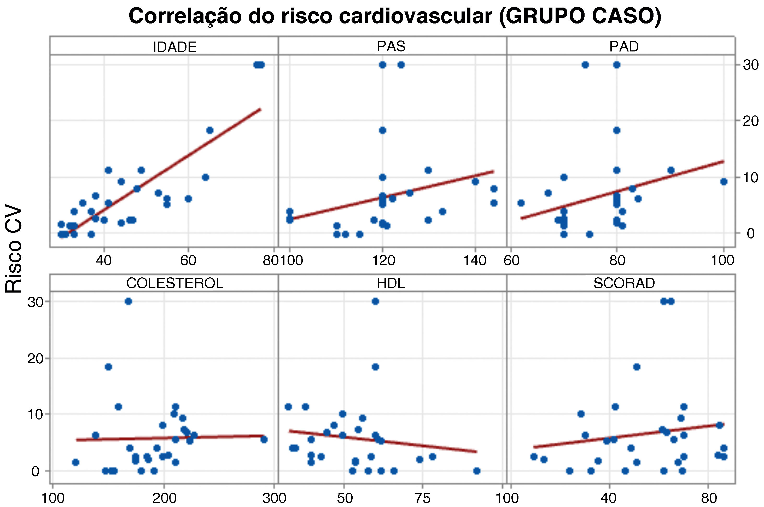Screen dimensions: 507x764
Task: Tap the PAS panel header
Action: coord(391,46)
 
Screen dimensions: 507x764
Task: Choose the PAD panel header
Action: coord(624,46)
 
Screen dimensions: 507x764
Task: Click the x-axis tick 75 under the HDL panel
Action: coord(423,498)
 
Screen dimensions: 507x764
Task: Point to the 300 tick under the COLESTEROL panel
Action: coord(274,498)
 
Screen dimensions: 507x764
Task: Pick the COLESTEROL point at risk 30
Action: coord(128,301)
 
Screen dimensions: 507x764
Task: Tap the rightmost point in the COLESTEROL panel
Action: coord(264,439)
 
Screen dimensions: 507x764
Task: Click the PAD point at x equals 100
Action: coord(724,181)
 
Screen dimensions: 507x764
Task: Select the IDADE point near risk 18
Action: coord(209,130)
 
